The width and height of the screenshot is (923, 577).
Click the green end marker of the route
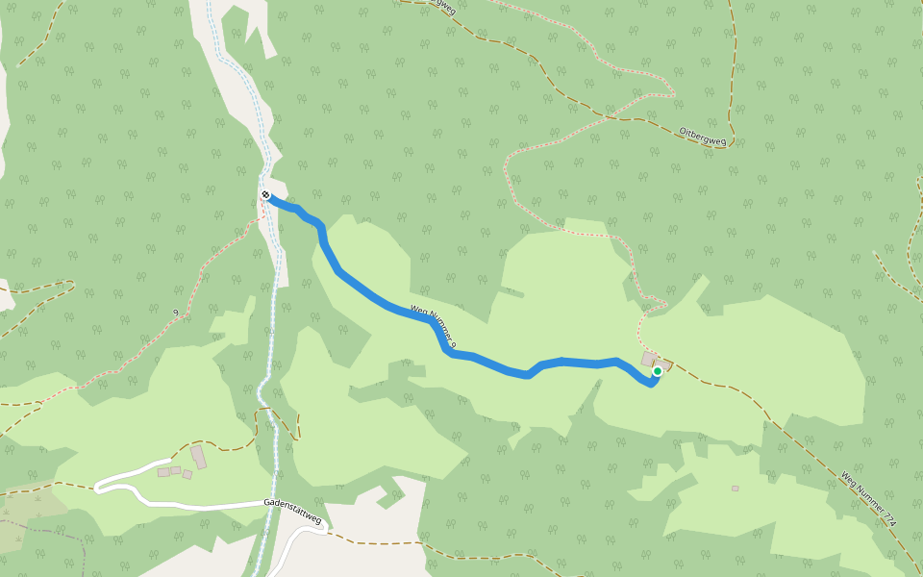(658, 371)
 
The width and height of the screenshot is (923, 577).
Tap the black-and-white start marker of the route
(265, 195)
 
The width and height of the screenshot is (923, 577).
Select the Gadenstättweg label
(292, 509)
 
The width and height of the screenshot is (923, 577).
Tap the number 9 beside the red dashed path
(176, 313)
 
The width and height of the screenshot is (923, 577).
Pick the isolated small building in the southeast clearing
(736, 489)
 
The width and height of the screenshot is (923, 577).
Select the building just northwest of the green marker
(649, 359)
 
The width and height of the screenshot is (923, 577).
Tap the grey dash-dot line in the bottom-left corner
(48, 530)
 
